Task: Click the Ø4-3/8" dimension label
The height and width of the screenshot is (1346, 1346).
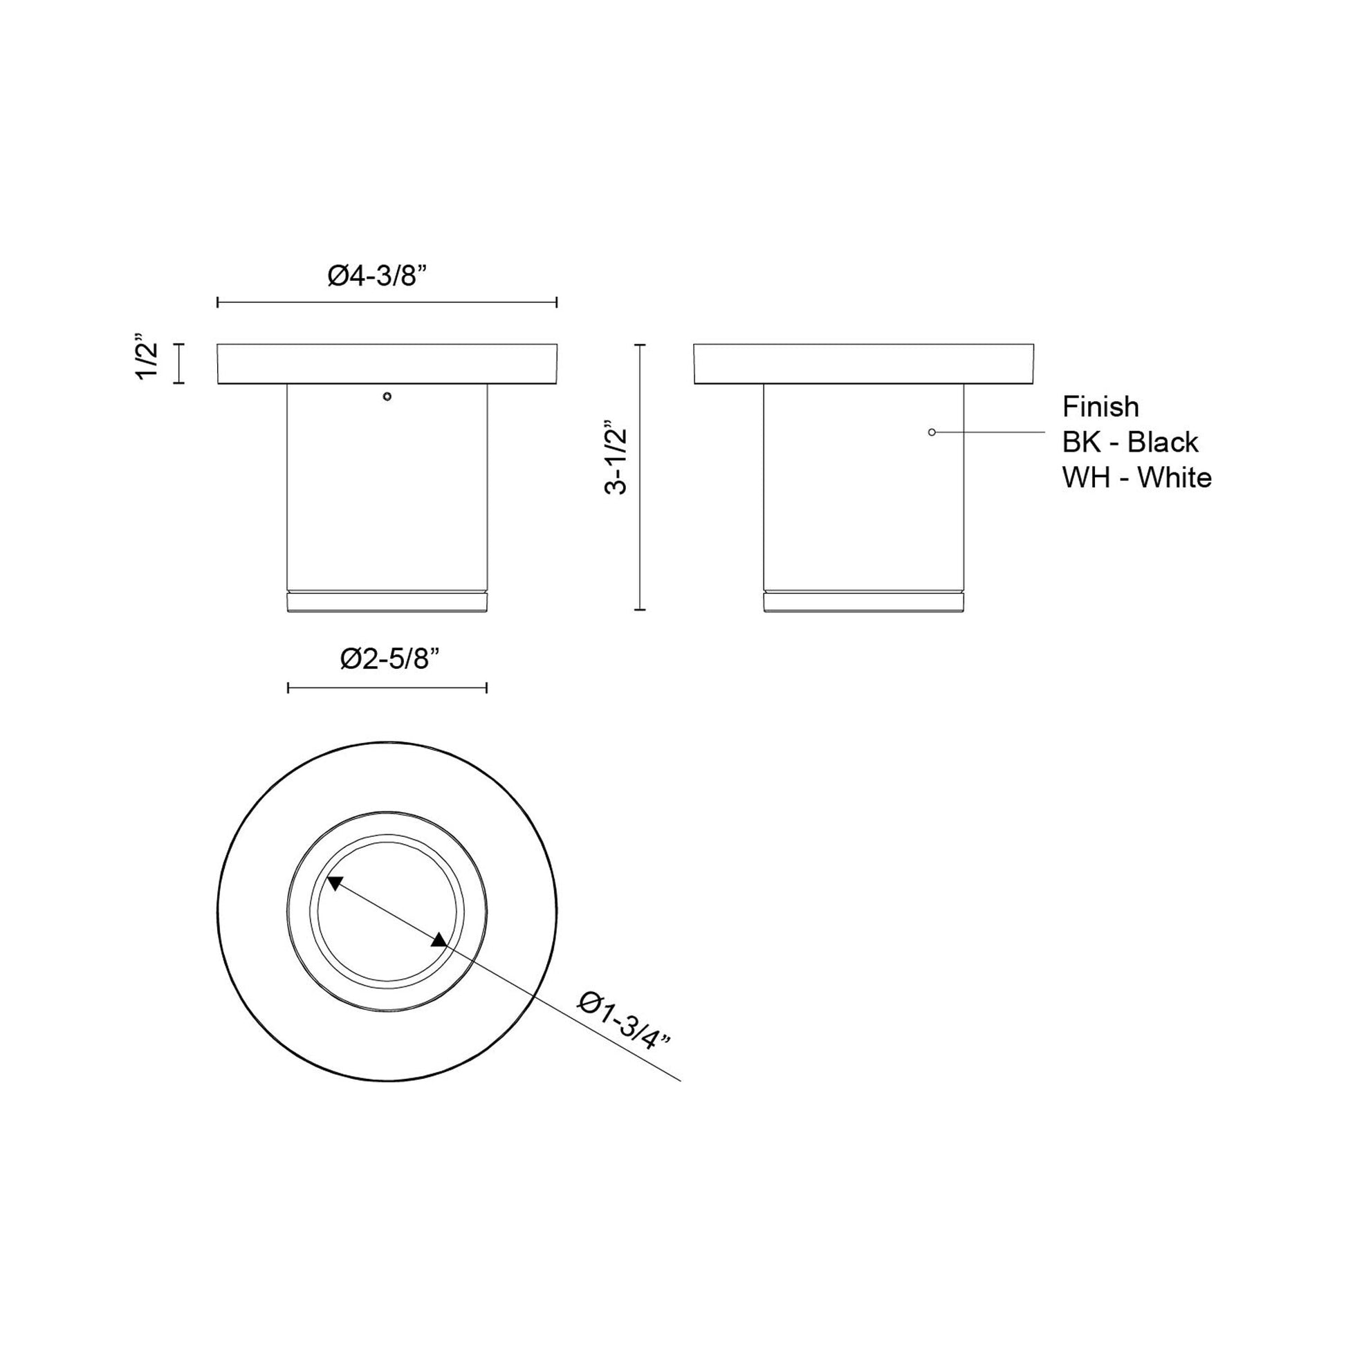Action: (376, 277)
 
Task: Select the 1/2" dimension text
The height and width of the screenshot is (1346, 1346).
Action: (149, 362)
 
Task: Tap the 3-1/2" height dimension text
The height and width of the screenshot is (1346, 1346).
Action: (616, 461)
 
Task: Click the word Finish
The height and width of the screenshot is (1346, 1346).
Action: (1100, 407)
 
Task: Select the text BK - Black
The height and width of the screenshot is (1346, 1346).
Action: (1130, 443)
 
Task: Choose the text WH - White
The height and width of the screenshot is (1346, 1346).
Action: (1136, 478)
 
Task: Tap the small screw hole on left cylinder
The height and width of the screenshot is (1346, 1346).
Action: (387, 396)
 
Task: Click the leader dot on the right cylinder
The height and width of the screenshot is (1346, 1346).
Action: (932, 433)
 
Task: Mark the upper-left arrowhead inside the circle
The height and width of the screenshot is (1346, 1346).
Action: (334, 883)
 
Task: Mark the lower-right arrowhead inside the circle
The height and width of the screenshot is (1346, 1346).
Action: (439, 941)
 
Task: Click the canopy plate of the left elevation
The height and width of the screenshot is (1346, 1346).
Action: (387, 364)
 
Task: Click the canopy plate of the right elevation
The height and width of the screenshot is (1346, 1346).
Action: (863, 364)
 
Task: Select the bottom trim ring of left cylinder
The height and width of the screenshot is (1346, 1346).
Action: (387, 602)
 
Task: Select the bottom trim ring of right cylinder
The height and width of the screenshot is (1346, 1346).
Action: (863, 602)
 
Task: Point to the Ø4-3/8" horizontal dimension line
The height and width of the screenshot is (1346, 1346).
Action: (387, 302)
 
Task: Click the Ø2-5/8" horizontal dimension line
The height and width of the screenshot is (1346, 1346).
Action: (387, 688)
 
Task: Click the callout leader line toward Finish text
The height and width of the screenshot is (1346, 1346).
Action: (989, 433)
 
